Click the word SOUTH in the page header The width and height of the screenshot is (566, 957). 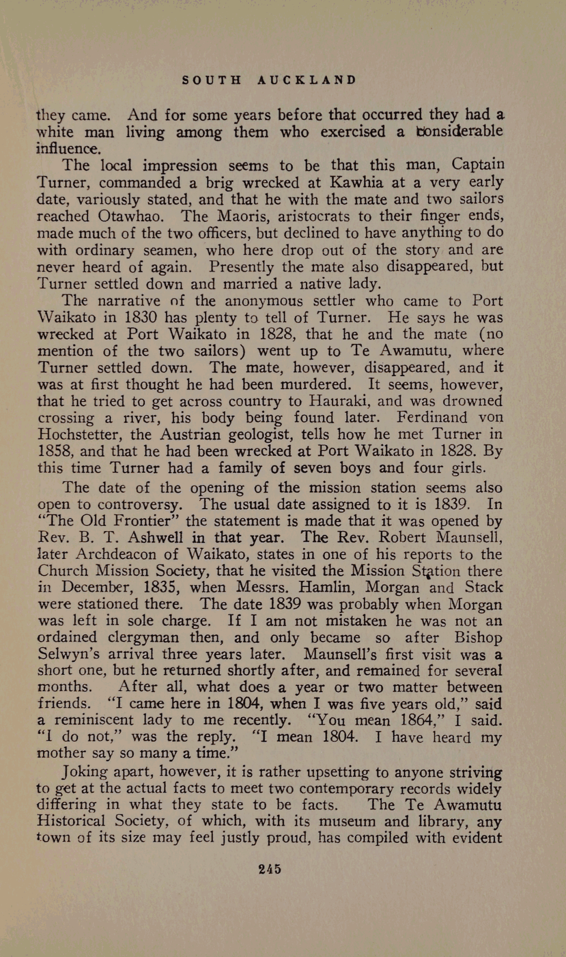tap(212, 80)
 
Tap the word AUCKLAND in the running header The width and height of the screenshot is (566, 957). tap(307, 80)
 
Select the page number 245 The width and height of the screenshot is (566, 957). tap(270, 869)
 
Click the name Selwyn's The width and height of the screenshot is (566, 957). tap(65, 654)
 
